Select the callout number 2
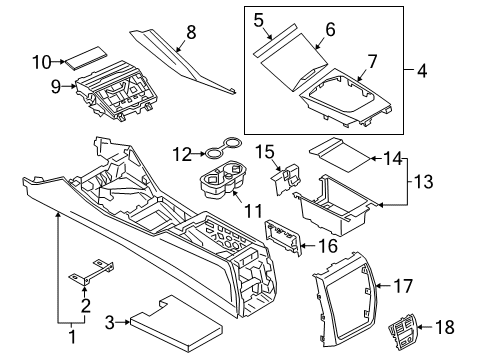click(x=86, y=305)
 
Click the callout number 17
click(x=403, y=286)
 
